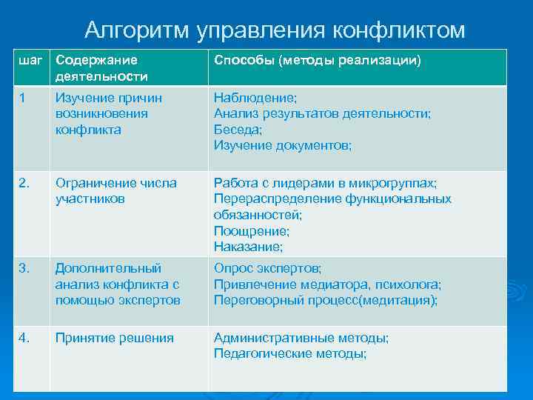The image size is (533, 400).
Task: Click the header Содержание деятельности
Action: [x=101, y=67]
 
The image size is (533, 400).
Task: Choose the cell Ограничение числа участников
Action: [x=115, y=190]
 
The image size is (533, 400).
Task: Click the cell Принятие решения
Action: [x=114, y=338]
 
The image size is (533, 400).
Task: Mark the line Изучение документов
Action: [x=283, y=145]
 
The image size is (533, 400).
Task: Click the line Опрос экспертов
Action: [x=268, y=268]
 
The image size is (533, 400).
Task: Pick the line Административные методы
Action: [x=301, y=338]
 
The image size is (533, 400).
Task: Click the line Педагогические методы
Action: [x=290, y=353]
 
